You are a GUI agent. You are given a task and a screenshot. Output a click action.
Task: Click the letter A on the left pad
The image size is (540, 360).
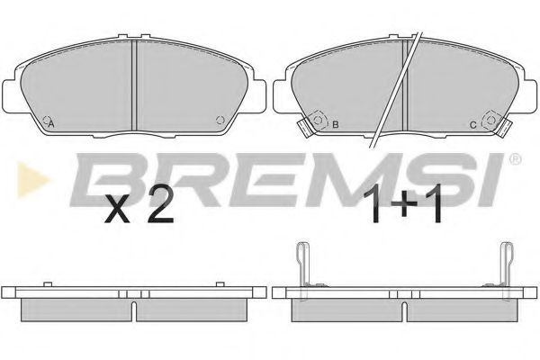pyautogui.click(x=51, y=124)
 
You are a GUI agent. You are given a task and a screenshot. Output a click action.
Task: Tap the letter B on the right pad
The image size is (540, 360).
pyautogui.click(x=335, y=125)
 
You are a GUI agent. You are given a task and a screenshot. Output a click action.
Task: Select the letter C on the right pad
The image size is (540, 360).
pyautogui.click(x=473, y=125)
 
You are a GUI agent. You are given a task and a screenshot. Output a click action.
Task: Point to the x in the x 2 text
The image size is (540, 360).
pyautogui.click(x=118, y=209)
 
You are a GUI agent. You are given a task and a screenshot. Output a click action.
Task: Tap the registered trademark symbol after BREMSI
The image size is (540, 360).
pyautogui.click(x=515, y=159)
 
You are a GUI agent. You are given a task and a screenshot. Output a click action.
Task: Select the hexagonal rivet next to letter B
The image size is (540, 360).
pyautogui.click(x=319, y=120)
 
